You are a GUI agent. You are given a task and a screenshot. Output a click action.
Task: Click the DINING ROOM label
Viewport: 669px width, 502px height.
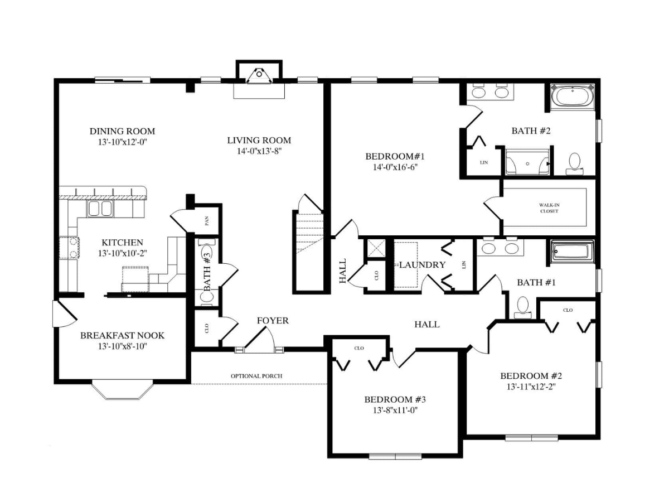(122, 132)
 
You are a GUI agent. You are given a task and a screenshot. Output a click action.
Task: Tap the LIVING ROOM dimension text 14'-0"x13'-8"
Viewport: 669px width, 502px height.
(259, 151)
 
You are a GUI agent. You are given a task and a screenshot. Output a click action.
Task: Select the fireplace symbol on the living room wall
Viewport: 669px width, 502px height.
(259, 76)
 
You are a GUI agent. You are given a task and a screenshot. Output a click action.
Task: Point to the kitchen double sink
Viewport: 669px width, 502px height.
(100, 209)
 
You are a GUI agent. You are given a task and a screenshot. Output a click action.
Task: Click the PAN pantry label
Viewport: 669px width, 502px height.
(207, 221)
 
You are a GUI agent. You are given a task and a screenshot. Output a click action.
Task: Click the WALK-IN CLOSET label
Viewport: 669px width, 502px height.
(549, 208)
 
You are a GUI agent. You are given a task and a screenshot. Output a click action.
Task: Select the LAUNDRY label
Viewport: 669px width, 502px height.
(422, 265)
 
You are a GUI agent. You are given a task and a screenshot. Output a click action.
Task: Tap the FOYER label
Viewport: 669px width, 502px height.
(273, 321)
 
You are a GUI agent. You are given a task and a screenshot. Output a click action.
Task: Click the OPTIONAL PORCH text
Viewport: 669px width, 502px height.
(256, 376)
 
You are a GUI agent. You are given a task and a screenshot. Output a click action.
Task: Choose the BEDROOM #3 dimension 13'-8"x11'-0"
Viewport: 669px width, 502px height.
(395, 411)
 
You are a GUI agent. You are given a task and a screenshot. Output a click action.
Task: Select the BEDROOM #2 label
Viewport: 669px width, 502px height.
(531, 376)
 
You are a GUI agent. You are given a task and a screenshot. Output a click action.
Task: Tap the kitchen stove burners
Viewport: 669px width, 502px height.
(73, 248)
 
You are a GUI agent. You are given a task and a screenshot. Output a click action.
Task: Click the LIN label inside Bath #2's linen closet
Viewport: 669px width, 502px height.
(484, 162)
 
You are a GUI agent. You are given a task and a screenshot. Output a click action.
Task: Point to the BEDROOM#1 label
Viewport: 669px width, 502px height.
(395, 157)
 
